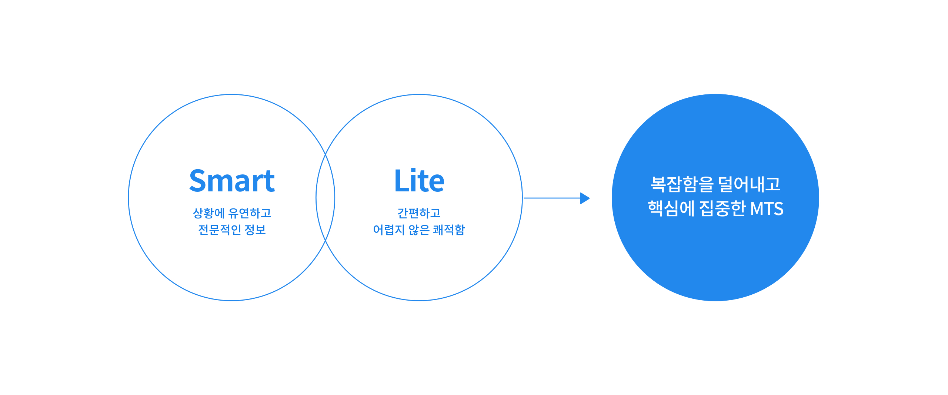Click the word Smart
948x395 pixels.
232,181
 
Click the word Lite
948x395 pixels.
419,181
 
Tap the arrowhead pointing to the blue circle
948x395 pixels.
585,198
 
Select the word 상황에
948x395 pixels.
209,213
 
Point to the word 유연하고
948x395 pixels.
250,213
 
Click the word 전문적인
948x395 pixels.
220,230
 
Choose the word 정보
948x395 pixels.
255,230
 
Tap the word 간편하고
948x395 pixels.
419,213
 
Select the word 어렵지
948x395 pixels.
389,230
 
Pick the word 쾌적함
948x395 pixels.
449,230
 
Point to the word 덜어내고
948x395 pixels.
750,184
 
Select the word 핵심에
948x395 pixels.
671,208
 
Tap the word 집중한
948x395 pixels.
722,208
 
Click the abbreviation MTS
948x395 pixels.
767,208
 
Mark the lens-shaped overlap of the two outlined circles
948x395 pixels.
326,197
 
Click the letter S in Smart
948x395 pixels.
198,181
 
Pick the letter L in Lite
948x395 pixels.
401,181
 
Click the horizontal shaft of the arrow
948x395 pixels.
552,198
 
